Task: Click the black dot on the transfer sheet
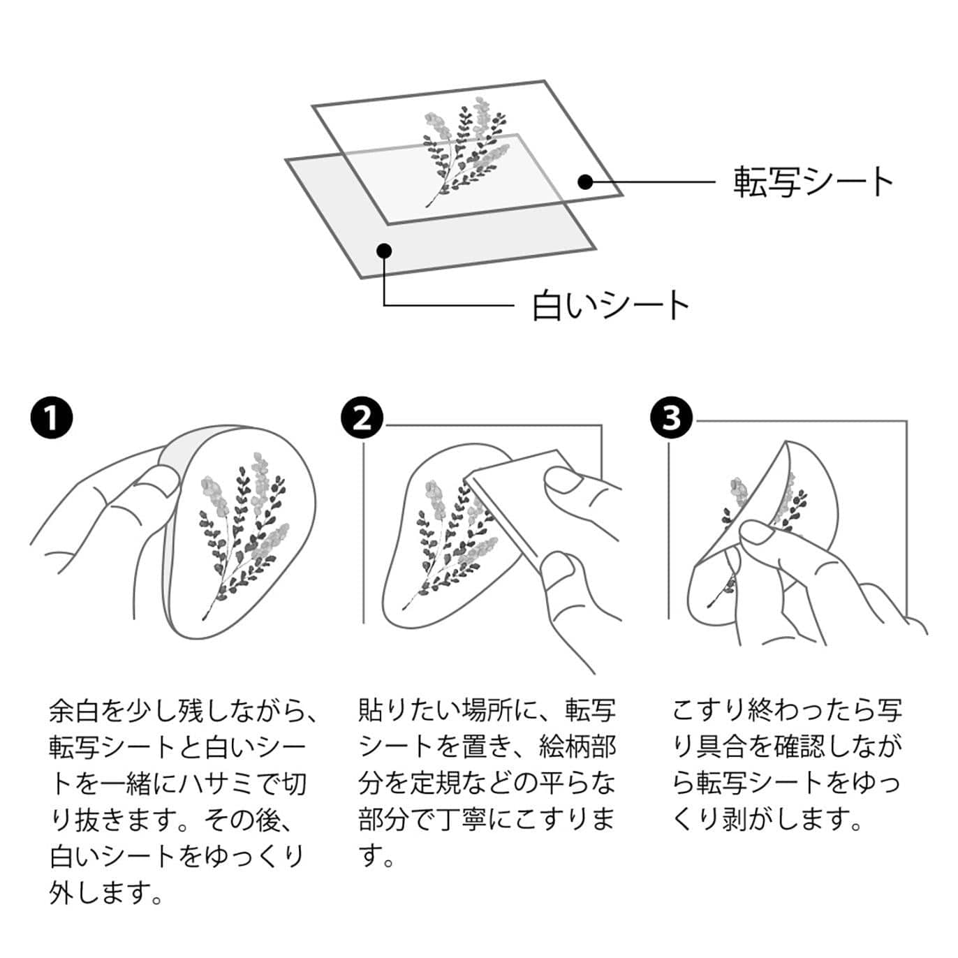click(x=585, y=182)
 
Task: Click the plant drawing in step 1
click(x=241, y=531)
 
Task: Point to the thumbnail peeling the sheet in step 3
click(x=758, y=534)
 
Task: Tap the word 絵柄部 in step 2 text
click(x=577, y=747)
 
